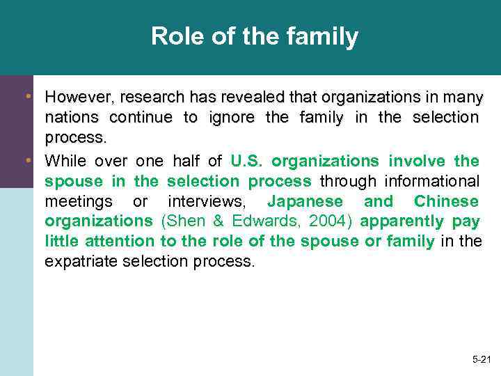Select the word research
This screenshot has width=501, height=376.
[x=151, y=96]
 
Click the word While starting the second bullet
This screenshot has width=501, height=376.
[x=65, y=161]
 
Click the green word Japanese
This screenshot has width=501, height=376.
[x=305, y=201]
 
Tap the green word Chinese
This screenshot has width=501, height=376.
[x=446, y=201]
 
